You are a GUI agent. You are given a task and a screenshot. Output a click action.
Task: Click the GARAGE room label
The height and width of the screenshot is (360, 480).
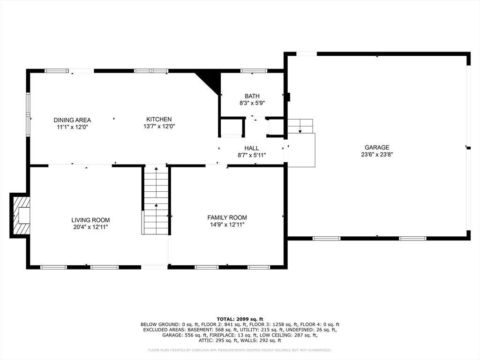tap(377, 147)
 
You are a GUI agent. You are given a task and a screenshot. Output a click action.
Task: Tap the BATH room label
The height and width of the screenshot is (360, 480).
tap(252, 96)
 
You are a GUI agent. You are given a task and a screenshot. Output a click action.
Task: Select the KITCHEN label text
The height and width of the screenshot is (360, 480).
tap(159, 120)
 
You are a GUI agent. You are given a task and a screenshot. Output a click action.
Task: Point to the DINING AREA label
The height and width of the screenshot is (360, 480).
tap(72, 120)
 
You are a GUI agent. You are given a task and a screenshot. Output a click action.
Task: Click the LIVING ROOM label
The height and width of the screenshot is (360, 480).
tap(90, 220)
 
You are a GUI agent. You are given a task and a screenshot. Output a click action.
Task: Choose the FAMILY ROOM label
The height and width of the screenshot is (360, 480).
tap(227, 217)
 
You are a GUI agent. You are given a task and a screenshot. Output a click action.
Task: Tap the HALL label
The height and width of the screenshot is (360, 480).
tap(252, 148)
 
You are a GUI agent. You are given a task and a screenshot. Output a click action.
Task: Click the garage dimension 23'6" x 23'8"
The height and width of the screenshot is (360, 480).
tap(377, 155)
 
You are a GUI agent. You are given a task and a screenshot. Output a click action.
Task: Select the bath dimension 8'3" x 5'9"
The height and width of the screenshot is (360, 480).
tap(252, 103)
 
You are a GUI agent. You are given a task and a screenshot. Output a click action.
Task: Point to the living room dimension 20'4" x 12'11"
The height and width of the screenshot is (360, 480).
tap(90, 227)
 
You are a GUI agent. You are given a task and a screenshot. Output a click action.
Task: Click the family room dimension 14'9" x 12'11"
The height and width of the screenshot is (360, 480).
tap(227, 225)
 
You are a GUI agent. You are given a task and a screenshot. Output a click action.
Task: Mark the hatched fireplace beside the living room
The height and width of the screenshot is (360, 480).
tap(20, 216)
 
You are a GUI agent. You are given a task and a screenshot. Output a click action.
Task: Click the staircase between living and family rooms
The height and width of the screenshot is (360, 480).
tap(156, 200)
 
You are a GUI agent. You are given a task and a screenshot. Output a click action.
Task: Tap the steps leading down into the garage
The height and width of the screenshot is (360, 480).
tap(300, 126)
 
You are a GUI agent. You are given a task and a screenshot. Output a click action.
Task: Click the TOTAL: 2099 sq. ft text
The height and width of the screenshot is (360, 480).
tap(240, 319)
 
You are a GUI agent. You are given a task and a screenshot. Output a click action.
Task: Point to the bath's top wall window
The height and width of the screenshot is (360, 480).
tap(254, 71)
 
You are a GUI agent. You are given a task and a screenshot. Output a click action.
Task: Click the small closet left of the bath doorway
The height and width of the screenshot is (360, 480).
tap(232, 127)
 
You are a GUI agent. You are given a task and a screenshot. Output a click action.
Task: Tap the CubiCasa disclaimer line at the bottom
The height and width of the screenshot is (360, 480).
tap(240, 350)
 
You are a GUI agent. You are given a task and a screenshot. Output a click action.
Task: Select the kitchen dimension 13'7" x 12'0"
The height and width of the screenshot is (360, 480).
tap(159, 127)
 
